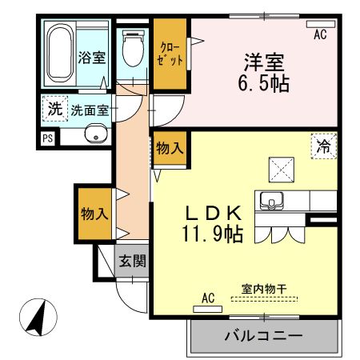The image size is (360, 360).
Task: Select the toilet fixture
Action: tap(133, 50)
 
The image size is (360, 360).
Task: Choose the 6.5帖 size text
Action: tap(264, 82)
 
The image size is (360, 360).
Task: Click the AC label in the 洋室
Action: tap(320, 35)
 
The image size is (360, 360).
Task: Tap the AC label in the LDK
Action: tap(208, 298)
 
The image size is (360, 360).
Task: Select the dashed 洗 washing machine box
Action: tap(54, 110)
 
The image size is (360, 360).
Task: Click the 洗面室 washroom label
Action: tap(90, 111)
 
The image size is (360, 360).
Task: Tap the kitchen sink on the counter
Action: tap(270, 200)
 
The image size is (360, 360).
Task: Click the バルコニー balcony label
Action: tap(263, 335)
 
